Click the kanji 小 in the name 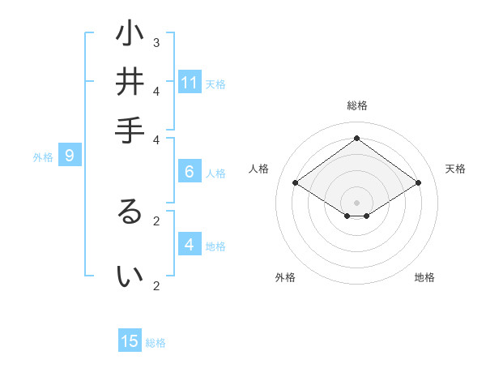click(130, 34)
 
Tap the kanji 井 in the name click(130, 82)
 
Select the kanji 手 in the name click(130, 131)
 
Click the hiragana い click(130, 276)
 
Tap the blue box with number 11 click(190, 83)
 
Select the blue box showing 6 click(190, 172)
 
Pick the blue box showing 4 click(190, 245)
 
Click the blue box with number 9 click(70, 156)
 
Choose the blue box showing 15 click(130, 341)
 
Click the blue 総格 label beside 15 click(156, 343)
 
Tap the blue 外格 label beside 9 click(43, 157)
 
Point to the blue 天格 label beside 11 click(215, 84)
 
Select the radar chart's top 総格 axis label click(356, 105)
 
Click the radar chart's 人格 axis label click(258, 169)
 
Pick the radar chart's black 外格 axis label click(285, 277)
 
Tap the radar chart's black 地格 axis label click(424, 277)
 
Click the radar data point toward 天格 click(418, 183)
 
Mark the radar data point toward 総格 click(356, 138)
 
